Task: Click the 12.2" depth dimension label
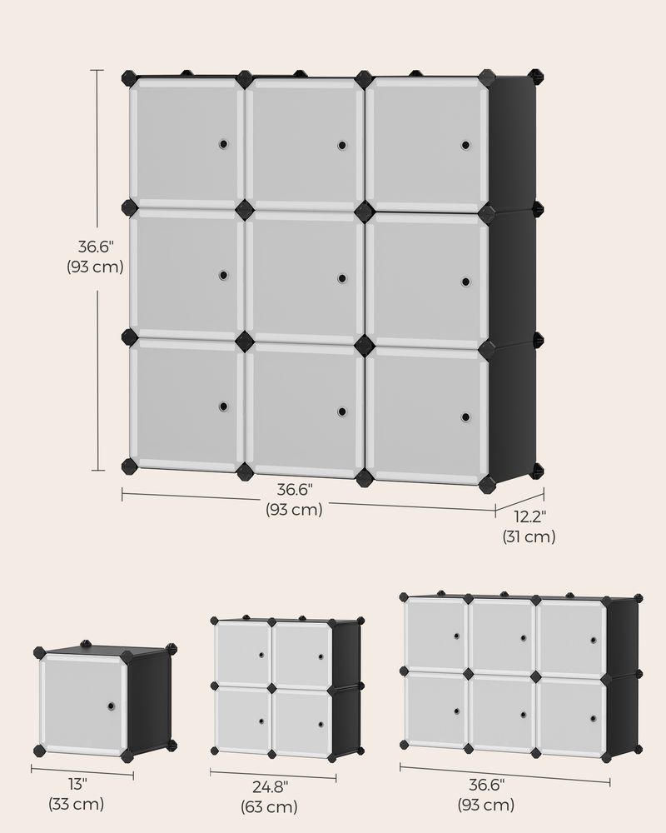pyautogui.click(x=529, y=516)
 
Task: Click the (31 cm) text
pyautogui.click(x=529, y=537)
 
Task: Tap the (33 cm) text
pyautogui.click(x=76, y=805)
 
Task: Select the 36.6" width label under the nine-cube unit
pyautogui.click(x=294, y=490)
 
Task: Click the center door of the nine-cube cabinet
pyautogui.click(x=304, y=277)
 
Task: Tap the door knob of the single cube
pyautogui.click(x=111, y=706)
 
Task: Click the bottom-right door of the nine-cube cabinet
pyautogui.click(x=425, y=416)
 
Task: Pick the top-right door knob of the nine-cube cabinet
pyautogui.click(x=465, y=145)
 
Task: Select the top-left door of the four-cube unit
pyautogui.click(x=242, y=652)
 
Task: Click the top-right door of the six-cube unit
pyautogui.click(x=572, y=638)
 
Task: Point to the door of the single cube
pyautogui.click(x=83, y=705)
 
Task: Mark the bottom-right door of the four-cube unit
pyautogui.click(x=301, y=720)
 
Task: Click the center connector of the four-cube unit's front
pyautogui.click(x=271, y=688)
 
